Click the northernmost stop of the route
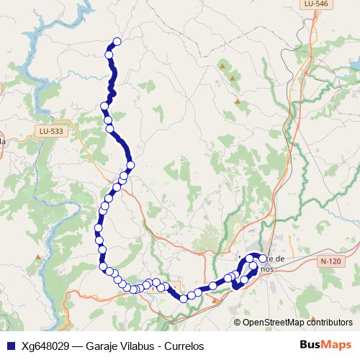[x=117, y=41]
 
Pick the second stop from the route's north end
[x=109, y=54]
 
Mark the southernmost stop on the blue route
[x=184, y=298]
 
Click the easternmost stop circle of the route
[x=263, y=259]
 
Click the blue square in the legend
[x=9, y=346]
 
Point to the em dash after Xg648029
[x=77, y=346]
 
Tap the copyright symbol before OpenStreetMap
[x=238, y=323]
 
